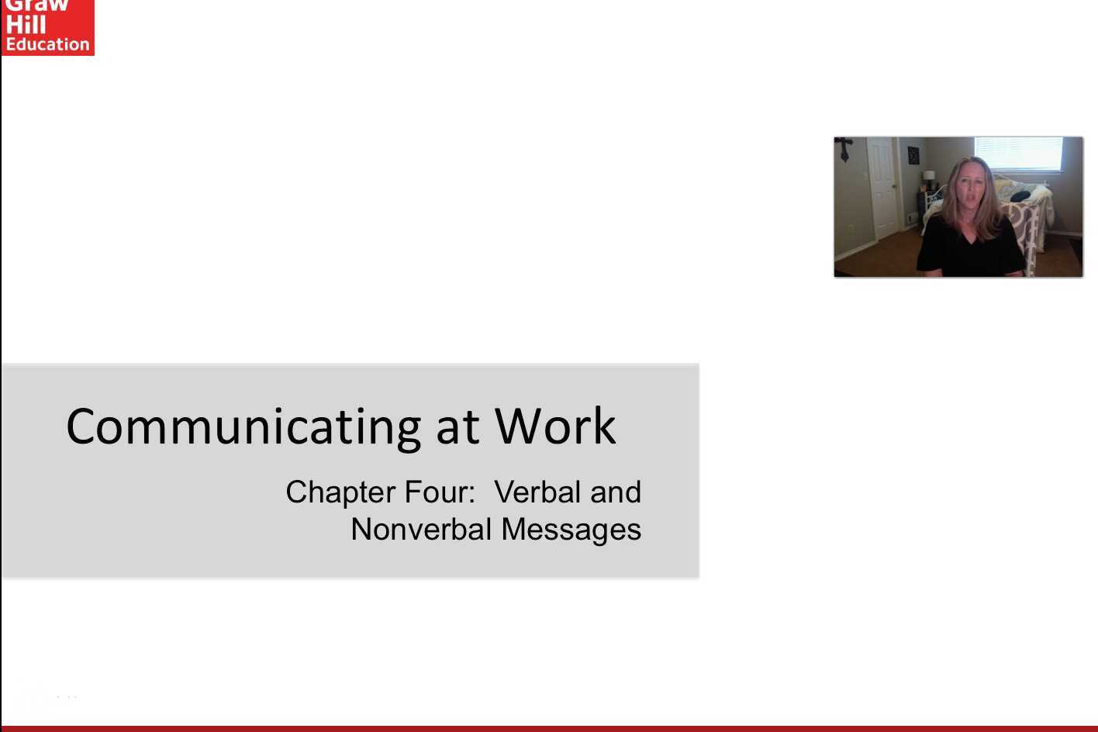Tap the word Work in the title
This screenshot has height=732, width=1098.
(x=555, y=426)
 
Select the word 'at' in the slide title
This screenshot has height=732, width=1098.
(x=457, y=427)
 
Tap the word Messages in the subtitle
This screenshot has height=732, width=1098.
(x=571, y=530)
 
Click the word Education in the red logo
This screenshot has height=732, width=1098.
(x=48, y=44)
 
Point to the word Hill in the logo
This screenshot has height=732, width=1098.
(x=26, y=25)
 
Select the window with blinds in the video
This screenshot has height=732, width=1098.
(x=1018, y=154)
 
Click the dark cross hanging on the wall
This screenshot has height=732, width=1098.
(x=844, y=148)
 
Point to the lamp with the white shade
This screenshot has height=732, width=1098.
(x=929, y=177)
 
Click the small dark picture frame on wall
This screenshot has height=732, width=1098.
(x=913, y=156)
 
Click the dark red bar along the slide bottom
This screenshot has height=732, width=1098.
(x=549, y=728)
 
